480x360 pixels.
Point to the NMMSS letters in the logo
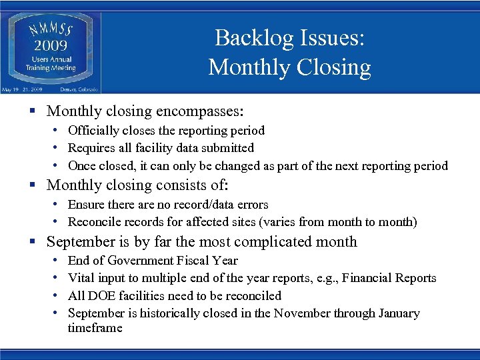click(x=51, y=29)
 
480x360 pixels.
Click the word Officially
click(x=93, y=131)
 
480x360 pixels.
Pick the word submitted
click(x=228, y=148)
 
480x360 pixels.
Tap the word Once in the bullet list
click(x=82, y=166)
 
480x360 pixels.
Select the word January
click(x=398, y=313)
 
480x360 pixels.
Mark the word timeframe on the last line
click(x=95, y=328)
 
